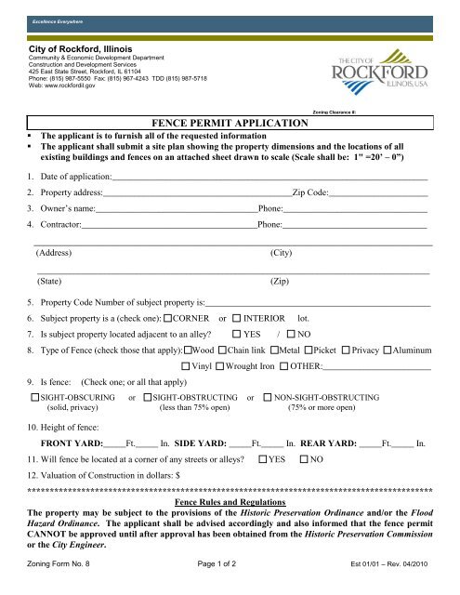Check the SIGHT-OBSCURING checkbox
click(33, 398)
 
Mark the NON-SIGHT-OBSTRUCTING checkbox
click(267, 398)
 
